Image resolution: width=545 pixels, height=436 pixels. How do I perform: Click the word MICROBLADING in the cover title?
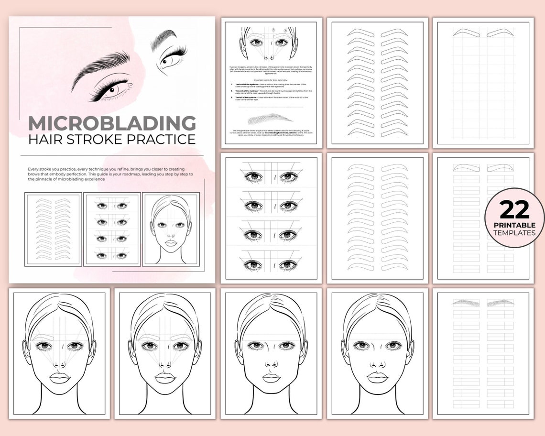click(112, 123)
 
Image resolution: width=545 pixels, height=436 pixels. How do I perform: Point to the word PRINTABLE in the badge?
click(514, 225)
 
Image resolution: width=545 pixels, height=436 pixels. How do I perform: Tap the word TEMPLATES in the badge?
click(514, 233)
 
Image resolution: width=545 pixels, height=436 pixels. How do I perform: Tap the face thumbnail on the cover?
click(171, 229)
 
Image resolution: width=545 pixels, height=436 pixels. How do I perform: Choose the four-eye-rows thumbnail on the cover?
click(112, 229)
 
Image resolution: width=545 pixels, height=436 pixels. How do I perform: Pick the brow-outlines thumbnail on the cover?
click(53, 229)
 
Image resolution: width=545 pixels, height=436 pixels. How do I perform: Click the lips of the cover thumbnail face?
click(171, 243)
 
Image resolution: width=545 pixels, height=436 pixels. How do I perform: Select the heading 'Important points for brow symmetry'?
click(269, 79)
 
